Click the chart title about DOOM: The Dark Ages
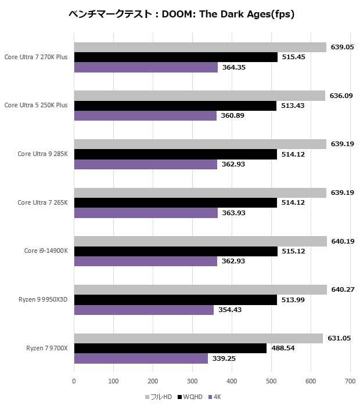click(181, 14)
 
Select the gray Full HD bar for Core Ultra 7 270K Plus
click(200, 47)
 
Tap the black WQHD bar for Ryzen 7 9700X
click(170, 348)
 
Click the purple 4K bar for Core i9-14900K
click(145, 262)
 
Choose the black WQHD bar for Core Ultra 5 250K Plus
click(175, 106)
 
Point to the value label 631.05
click(340, 338)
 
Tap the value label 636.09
click(342, 96)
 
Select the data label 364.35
click(235, 68)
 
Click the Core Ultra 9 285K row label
click(42, 154)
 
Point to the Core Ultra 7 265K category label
click(42, 202)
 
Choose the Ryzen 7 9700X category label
click(47, 348)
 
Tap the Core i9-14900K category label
click(46, 251)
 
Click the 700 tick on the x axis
click(350, 381)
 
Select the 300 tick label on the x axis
click(192, 381)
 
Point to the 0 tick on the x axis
click(74, 381)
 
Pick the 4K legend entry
click(217, 397)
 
